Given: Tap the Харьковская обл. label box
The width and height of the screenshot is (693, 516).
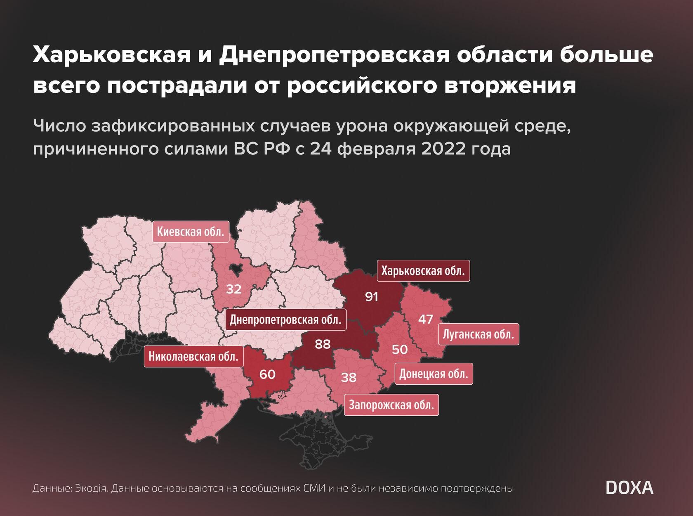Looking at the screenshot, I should (423, 271).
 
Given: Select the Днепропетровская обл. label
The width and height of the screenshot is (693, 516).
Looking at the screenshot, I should (285, 320).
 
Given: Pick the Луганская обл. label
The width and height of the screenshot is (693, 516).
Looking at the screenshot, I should (478, 334).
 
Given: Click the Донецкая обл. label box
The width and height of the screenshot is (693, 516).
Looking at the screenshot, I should (434, 374).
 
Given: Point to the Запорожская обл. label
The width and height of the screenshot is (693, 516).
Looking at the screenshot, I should (391, 405).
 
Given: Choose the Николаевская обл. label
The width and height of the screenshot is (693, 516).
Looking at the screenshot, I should (193, 357).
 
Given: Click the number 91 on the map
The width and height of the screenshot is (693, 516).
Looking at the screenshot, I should (372, 297).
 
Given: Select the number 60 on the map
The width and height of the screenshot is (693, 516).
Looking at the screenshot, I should (267, 374).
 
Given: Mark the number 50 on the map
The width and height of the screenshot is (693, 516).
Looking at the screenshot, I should (399, 350).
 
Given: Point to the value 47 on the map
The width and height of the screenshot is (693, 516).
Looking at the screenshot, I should (425, 319).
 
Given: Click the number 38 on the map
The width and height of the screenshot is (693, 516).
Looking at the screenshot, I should (349, 377).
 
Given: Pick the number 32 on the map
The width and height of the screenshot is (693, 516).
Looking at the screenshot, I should (233, 289).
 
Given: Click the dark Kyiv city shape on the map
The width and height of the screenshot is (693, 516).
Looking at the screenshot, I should (237, 270).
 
